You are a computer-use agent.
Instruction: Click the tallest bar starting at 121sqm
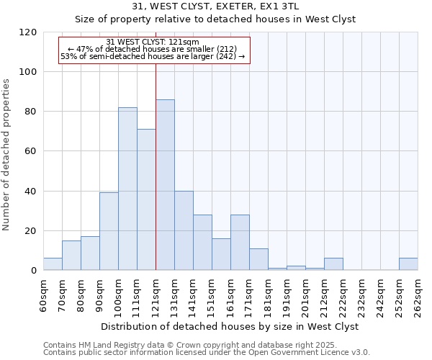click(x=165, y=185)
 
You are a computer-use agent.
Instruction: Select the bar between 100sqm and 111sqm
click(x=127, y=189)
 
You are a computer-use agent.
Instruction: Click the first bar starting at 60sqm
click(x=53, y=264)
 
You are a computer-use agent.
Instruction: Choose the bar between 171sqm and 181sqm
click(x=258, y=259)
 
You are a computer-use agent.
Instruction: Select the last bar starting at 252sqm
click(x=408, y=264)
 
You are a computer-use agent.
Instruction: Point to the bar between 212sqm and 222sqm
click(x=333, y=264)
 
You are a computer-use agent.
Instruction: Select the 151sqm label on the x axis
click(x=212, y=294)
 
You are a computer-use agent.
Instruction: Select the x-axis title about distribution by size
click(x=230, y=326)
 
